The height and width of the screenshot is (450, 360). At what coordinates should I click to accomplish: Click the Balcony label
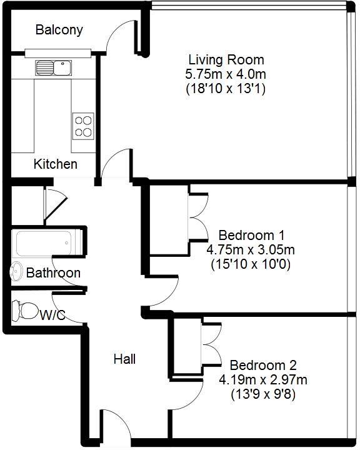(59, 30)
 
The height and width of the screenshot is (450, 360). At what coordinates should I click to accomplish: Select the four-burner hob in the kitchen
(84, 126)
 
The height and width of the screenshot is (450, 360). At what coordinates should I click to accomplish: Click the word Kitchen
(56, 164)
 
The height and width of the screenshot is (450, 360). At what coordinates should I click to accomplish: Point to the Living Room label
(226, 60)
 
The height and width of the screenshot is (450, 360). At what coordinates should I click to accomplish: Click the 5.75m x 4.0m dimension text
(226, 74)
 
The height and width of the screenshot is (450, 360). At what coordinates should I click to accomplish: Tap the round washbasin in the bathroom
(14, 272)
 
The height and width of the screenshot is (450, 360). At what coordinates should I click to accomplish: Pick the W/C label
(52, 316)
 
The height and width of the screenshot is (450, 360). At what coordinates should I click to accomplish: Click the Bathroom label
(53, 273)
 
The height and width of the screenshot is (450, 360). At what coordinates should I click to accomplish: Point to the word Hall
(124, 359)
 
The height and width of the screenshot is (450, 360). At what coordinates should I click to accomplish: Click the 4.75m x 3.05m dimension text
(251, 250)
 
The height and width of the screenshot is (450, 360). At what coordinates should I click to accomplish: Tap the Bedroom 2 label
(263, 365)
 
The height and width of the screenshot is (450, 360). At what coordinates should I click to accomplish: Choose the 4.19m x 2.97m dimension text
(263, 379)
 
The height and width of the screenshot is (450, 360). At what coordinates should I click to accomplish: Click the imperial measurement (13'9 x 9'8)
(263, 394)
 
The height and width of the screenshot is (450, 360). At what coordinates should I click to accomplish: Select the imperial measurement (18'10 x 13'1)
(226, 89)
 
